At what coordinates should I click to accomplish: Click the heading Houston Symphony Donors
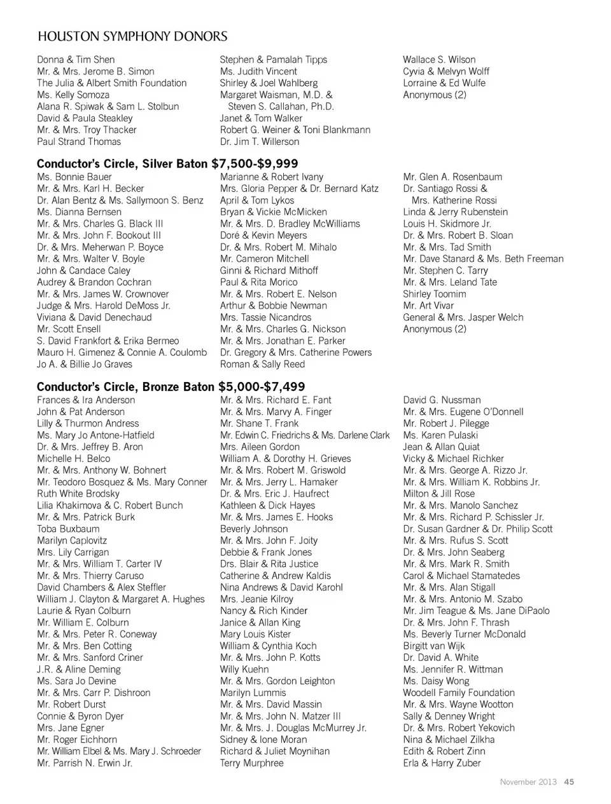[132, 36]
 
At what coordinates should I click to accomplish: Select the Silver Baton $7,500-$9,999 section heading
[167, 164]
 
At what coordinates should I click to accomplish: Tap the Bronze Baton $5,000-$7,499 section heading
[171, 386]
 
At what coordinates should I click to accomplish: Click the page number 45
[569, 782]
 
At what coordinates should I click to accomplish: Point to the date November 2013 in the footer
[528, 782]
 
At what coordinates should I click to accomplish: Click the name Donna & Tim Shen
[76, 60]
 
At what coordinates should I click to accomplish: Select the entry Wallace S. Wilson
[439, 60]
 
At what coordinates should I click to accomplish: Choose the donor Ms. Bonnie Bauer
[74, 177]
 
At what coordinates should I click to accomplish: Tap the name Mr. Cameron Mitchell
[264, 259]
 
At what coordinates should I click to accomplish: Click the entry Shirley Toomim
[434, 294]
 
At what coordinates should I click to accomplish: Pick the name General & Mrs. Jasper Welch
[463, 317]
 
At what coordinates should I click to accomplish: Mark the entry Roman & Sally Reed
[262, 364]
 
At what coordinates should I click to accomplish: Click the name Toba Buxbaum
[68, 529]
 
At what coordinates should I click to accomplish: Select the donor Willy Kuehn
[244, 669]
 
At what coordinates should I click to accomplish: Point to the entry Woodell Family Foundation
[458, 693]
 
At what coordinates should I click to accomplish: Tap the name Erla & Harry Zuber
[442, 763]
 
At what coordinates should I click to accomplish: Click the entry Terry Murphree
[251, 763]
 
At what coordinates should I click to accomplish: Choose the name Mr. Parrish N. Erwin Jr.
[85, 763]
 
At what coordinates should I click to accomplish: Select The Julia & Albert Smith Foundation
[111, 83]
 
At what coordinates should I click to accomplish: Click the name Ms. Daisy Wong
[436, 681]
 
